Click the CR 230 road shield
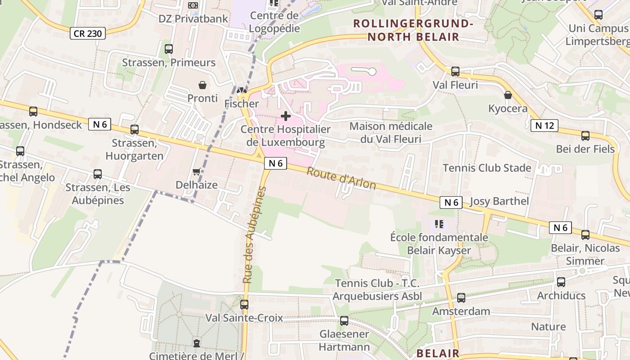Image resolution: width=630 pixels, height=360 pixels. pos(88,33)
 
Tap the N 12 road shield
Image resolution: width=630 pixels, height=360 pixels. pos(544,126)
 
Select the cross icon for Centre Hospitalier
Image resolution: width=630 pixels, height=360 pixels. pos(286,117)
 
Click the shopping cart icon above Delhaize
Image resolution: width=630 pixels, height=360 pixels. pos(196,172)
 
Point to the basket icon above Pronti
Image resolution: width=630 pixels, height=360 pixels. pos(202,85)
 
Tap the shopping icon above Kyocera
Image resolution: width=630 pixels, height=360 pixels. pos(508,95)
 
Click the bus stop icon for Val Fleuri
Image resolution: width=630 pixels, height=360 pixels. pos(455,72)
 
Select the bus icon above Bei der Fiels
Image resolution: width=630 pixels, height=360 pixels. pos(585,136)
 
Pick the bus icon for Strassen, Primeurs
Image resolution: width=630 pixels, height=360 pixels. pos(169,49)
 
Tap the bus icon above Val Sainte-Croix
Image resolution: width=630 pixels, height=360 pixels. pos(244,305)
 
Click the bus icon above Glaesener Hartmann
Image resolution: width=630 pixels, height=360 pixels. pos(344,321)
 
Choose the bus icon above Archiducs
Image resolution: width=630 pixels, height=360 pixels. pos(561,283)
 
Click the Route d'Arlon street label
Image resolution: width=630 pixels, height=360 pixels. pos(341,179)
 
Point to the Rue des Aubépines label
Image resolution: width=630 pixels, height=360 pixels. pos(255,235)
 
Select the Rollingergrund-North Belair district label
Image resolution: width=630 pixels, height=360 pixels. pos(413,30)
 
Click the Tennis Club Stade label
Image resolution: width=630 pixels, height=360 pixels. pos(487,168)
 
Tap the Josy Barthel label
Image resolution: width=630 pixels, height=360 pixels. pos(499,201)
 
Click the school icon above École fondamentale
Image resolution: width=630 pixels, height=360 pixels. pos(439,224)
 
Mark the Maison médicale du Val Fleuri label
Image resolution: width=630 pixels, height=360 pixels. pos(391,133)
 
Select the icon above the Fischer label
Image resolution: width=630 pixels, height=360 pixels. pos(242,90)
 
